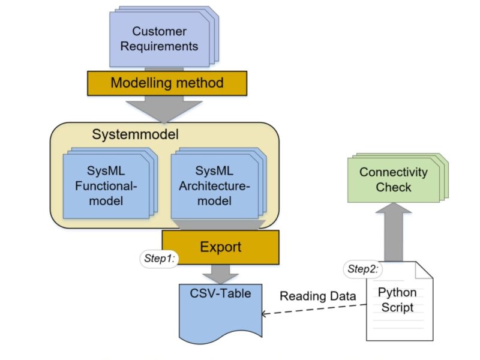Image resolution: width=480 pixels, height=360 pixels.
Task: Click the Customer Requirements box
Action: pos(158,39)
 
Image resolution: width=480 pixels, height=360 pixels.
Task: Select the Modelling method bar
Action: pos(166,82)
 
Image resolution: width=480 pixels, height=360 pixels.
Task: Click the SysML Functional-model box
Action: pos(106,185)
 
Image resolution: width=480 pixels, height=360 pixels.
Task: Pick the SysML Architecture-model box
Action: pos(214,185)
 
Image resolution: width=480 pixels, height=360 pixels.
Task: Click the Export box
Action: pos(220,247)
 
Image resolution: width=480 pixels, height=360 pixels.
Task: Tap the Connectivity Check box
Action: pos(393,179)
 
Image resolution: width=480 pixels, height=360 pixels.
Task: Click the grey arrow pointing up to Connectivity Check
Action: pos(394,231)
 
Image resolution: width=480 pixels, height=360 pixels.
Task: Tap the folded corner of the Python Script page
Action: pos(424,271)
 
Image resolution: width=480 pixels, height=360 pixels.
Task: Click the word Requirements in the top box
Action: pos(159,46)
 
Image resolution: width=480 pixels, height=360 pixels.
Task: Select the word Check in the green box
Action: pos(394,187)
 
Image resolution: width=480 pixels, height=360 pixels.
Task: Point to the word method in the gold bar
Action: pos(197,82)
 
